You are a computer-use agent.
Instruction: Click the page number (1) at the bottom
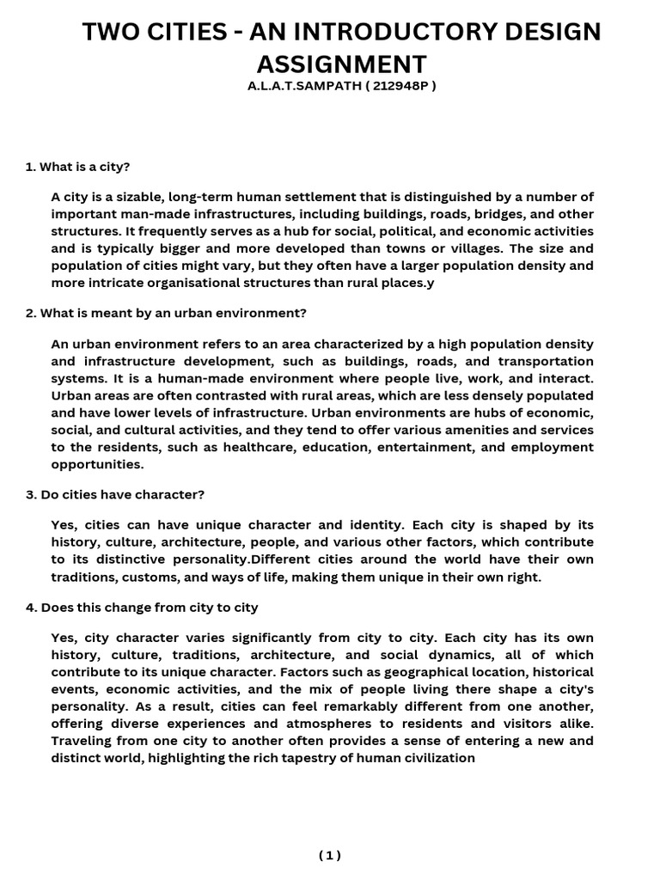[330, 854]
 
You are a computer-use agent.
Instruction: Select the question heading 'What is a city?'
[77, 166]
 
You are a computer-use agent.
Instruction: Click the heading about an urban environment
[166, 312]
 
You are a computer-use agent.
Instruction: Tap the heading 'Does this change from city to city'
[142, 608]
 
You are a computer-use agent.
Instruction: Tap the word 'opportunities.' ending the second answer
[98, 464]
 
